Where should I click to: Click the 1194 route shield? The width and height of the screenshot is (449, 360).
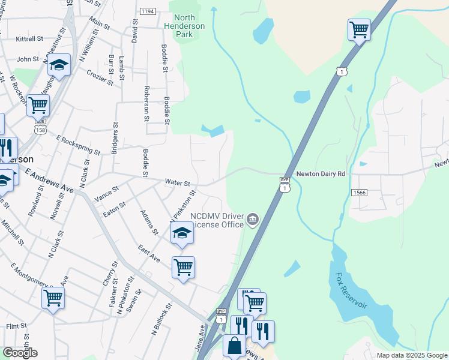pyautogui.click(x=148, y=11)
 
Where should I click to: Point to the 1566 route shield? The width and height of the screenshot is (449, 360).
pyautogui.click(x=359, y=192)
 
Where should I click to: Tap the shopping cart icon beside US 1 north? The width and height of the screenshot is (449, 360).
pyautogui.click(x=359, y=29)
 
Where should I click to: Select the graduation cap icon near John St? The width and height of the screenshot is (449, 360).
pyautogui.click(x=59, y=64)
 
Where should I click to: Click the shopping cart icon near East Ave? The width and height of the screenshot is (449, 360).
pyautogui.click(x=183, y=267)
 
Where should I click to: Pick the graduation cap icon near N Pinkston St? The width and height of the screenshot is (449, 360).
pyautogui.click(x=182, y=233)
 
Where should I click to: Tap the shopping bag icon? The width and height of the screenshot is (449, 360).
pyautogui.click(x=234, y=346)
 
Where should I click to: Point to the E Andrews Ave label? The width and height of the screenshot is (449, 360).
pyautogui.click(x=49, y=180)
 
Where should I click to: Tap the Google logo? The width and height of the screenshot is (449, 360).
pyautogui.click(x=20, y=353)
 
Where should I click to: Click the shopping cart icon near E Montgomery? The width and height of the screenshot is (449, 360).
pyautogui.click(x=53, y=296)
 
